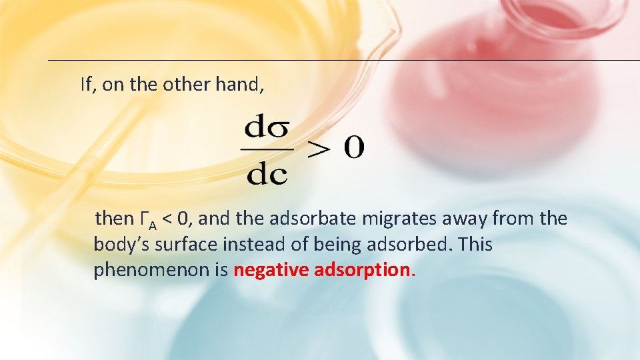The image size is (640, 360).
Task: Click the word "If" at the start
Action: coord(85,85)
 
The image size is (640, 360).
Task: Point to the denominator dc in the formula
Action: coord(267,174)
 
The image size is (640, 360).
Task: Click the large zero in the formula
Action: coord(353,149)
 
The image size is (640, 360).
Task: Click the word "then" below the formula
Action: coord(115,219)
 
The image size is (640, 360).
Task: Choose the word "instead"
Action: coord(251,245)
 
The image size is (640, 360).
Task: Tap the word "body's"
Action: coord(117,245)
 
